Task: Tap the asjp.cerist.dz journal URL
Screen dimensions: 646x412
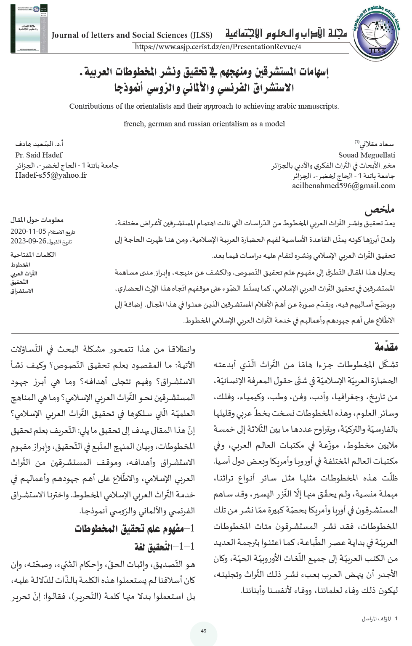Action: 218,47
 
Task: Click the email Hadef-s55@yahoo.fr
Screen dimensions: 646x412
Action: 51,175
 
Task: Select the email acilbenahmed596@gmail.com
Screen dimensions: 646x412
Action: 343,185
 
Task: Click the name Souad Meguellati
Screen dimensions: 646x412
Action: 367,155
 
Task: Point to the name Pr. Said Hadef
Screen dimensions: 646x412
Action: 39,155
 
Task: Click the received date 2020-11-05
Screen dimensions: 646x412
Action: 29,231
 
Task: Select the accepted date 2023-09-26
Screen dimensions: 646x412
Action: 29,241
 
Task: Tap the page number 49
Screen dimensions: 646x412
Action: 204,631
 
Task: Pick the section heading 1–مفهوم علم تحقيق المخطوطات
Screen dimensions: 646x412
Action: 135,529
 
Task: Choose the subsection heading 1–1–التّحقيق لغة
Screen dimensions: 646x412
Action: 165,547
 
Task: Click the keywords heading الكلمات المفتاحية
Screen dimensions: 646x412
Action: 33,254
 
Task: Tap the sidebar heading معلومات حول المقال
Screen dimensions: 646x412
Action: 37,220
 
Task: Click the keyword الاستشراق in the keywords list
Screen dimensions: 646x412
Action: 22,291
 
